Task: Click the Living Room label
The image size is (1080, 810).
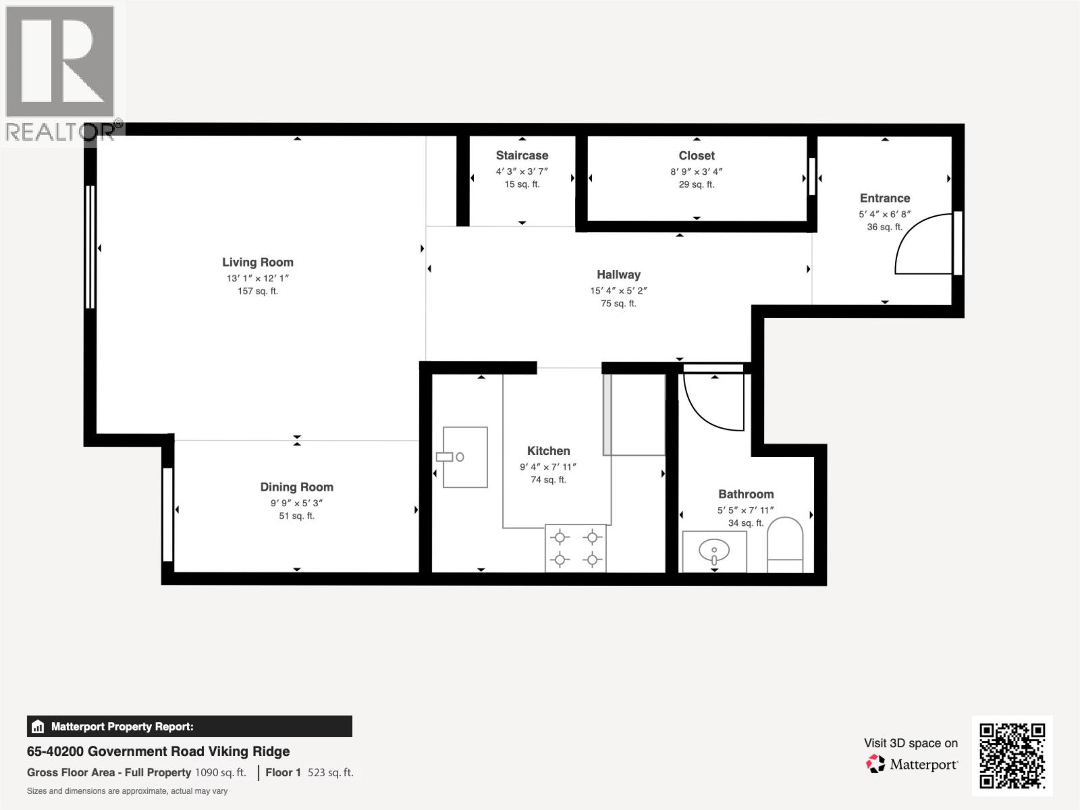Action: [258, 263]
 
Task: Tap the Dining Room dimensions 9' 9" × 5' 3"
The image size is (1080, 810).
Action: [297, 503]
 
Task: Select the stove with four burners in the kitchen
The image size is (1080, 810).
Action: [576, 548]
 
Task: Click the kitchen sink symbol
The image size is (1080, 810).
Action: [464, 457]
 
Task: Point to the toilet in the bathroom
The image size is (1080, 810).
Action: [785, 545]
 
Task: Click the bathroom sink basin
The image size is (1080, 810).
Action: [714, 553]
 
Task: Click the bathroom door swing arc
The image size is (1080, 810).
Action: [712, 402]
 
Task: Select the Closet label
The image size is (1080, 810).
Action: [697, 155]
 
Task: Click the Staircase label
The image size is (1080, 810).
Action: [522, 155]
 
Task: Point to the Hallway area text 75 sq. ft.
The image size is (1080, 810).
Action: [618, 304]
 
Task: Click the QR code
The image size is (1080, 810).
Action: [1012, 756]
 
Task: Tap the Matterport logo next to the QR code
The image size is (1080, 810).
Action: [912, 764]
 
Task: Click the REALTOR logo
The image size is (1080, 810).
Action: [61, 71]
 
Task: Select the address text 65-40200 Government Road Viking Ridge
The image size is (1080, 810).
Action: [158, 751]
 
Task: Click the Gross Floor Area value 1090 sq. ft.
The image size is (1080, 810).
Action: [220, 772]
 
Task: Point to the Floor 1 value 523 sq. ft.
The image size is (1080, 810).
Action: [330, 772]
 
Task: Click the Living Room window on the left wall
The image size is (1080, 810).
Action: [90, 247]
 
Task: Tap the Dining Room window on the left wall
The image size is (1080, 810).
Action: [167, 514]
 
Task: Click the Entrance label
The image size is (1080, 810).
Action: [884, 198]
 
